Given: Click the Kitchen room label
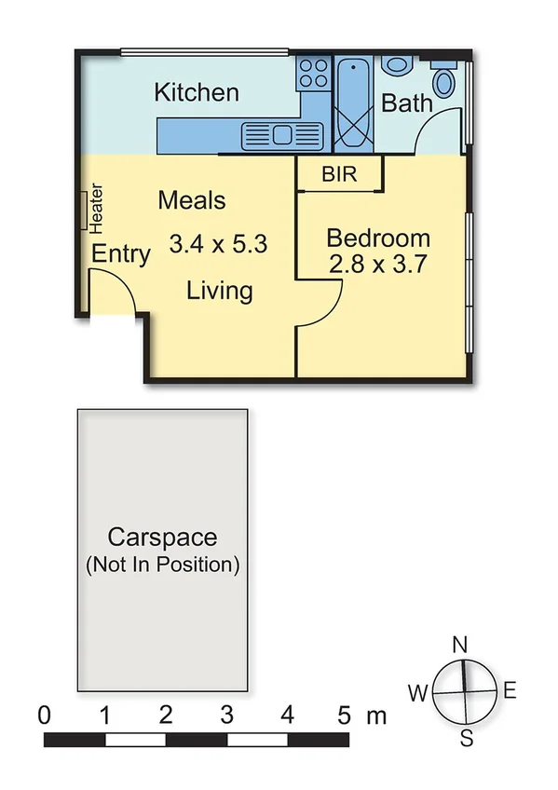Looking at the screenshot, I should click(196, 92).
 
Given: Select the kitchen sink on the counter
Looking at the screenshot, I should click(280, 136).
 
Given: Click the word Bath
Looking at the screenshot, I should click(407, 102).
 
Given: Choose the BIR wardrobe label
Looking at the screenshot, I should click(338, 174).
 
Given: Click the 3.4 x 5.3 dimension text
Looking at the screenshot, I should click(218, 245).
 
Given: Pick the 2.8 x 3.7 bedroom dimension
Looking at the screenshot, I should click(377, 264).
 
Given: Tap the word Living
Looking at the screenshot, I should click(219, 291).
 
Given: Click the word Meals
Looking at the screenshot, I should click(192, 199).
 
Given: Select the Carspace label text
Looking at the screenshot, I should click(162, 538).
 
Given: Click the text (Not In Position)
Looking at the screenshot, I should click(162, 565).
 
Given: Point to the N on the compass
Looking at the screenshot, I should click(459, 645).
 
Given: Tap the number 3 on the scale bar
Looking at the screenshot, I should click(226, 715).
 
